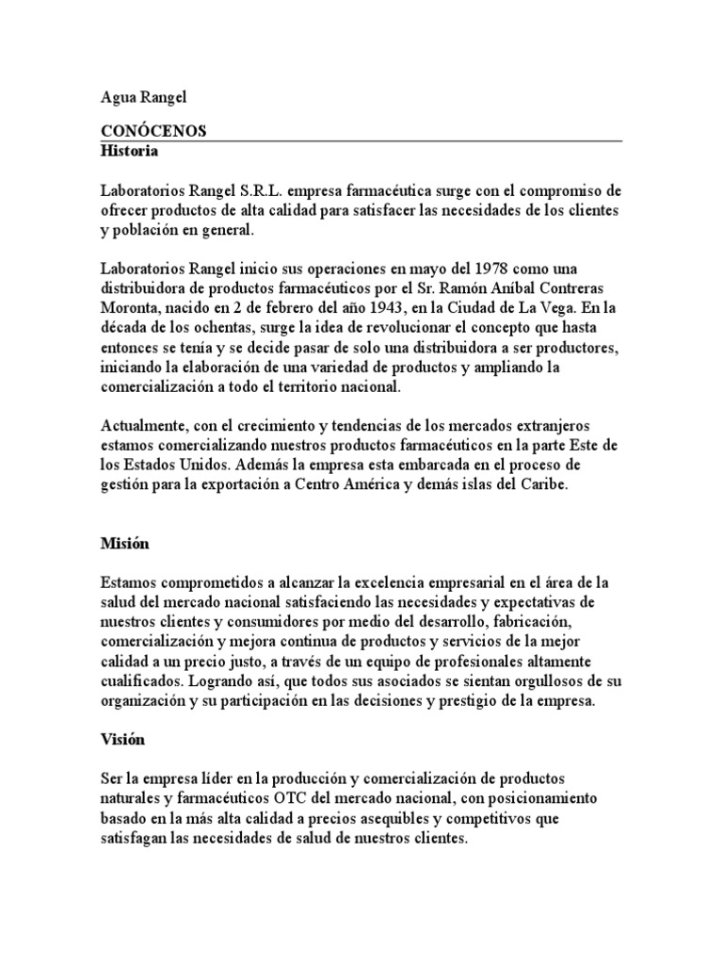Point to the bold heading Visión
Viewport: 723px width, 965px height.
122,740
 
